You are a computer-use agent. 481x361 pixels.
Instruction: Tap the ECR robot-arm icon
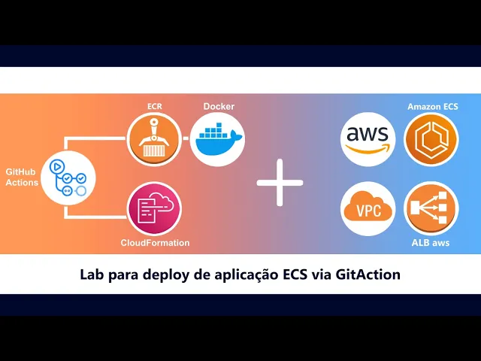155,139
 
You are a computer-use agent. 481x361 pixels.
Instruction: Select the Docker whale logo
217,139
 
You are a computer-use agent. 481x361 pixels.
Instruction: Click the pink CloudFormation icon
155,208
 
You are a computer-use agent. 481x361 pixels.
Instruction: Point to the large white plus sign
280,183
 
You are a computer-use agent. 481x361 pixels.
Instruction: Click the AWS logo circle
368,138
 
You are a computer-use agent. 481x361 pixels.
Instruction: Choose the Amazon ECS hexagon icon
431,139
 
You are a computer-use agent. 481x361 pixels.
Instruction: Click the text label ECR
155,106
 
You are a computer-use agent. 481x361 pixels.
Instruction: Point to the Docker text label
219,106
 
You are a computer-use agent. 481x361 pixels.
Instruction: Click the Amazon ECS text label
432,107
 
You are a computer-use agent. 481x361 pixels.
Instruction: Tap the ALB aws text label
431,242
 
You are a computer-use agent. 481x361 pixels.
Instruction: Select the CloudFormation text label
155,243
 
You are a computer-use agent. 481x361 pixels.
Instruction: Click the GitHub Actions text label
22,177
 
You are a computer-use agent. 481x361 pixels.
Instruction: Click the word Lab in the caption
92,275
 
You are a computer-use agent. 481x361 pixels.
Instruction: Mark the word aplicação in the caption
244,275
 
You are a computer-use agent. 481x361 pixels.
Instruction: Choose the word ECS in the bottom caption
297,275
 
